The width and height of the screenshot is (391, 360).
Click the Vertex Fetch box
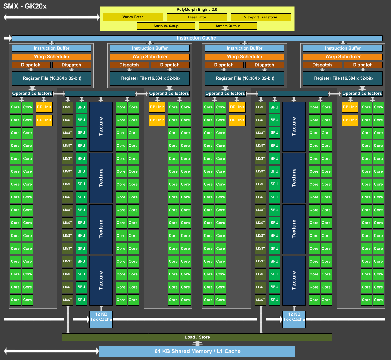pos(133,17)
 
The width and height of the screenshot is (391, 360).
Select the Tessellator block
pos(197,17)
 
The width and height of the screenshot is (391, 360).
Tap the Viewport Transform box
pos(261,17)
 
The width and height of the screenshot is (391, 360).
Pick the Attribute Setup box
pos(166,26)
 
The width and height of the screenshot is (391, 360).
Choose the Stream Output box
pos(228,26)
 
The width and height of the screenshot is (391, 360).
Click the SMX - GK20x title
pos(25,6)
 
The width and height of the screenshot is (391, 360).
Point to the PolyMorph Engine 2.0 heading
pos(197,10)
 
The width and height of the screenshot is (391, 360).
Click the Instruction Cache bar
pos(197,38)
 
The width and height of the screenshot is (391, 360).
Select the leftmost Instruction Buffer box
pos(51,48)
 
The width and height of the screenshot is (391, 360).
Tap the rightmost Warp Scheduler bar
pos(343,57)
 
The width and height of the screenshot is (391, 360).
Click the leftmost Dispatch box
pos(31,65)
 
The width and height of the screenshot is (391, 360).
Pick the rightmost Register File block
pos(343,78)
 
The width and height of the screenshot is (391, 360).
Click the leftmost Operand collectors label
pos(32,94)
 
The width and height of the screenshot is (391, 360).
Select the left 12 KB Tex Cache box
pos(101,319)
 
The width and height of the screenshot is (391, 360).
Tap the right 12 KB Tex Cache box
pos(294,319)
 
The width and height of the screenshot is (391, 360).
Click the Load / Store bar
pos(197,337)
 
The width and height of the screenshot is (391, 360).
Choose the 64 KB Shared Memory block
pos(197,351)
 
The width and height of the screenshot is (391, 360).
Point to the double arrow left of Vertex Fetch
pos(52,17)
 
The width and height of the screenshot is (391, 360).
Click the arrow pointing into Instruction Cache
pos(8,38)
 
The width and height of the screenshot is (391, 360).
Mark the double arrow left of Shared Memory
pos(51,351)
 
